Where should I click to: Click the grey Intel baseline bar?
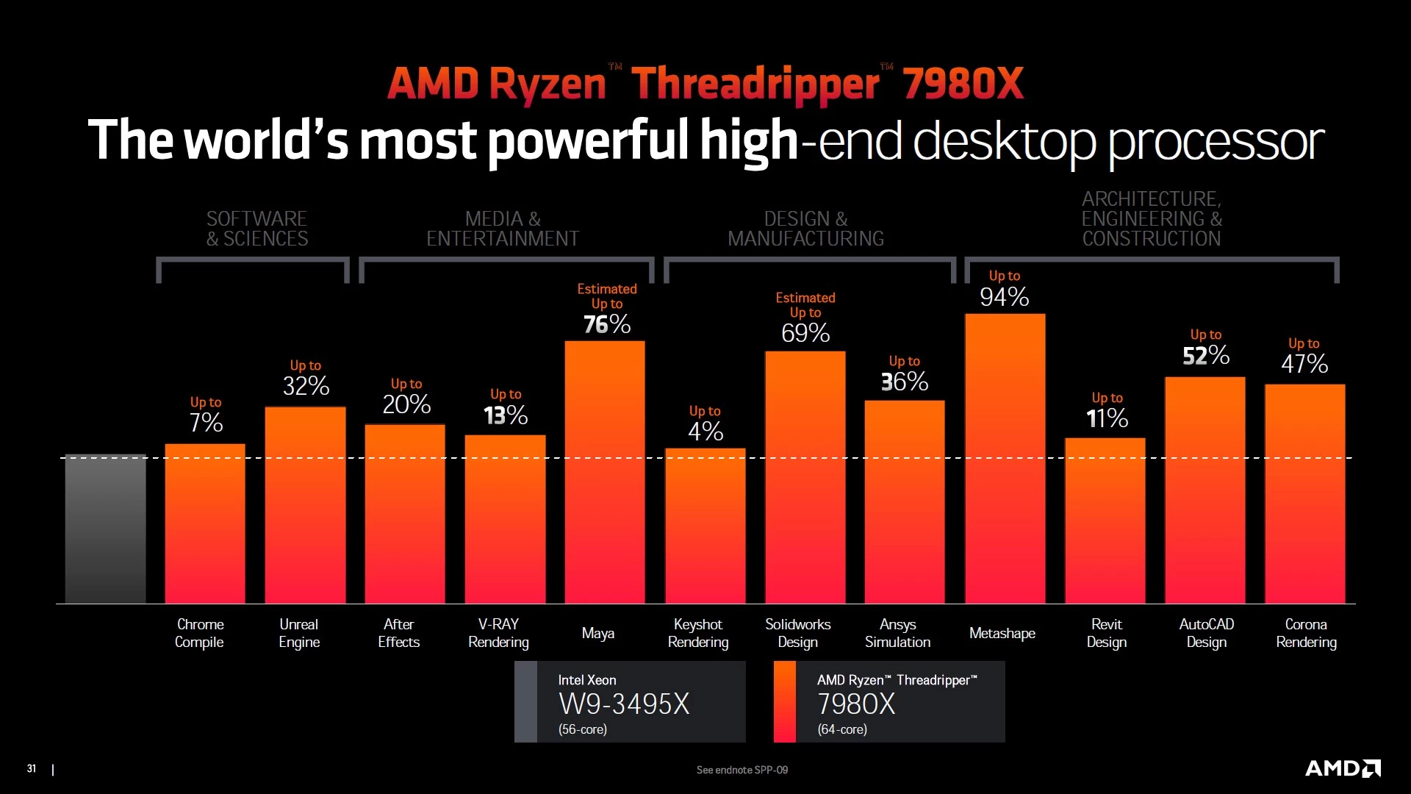click(x=105, y=529)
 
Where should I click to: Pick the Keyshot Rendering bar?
click(x=705, y=526)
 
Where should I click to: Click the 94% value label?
click(x=1004, y=297)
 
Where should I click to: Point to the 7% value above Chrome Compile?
click(x=206, y=423)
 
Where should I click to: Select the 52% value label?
click(x=1205, y=356)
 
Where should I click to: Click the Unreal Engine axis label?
click(x=299, y=633)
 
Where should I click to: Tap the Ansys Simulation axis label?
click(x=897, y=633)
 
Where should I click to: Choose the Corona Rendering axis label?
click(x=1306, y=633)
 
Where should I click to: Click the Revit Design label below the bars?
click(x=1106, y=633)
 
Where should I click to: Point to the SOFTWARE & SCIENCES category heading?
click(x=256, y=229)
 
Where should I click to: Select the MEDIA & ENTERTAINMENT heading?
click(x=503, y=229)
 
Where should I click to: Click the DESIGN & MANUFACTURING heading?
click(x=805, y=229)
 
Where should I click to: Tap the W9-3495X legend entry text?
click(x=624, y=704)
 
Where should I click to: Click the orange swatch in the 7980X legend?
click(x=784, y=701)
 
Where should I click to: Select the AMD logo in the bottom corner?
click(x=1342, y=768)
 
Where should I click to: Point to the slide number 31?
click(x=32, y=768)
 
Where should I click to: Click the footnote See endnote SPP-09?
click(x=742, y=770)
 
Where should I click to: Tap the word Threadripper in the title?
click(x=755, y=83)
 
